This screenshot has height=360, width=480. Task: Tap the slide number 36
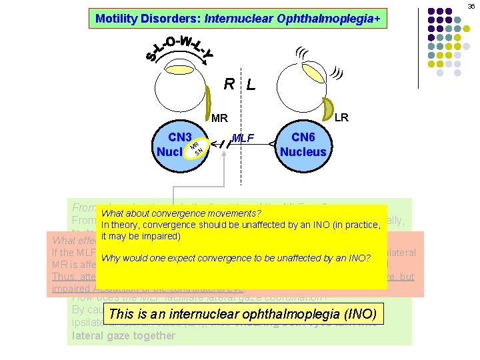pos(471,6)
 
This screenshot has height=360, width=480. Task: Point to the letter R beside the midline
pos(229,85)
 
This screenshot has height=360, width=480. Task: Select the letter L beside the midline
pos(250,85)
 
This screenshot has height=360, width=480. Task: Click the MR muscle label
pos(219,119)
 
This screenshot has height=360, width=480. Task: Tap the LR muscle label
pos(341,117)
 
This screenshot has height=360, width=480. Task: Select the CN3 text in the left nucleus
pos(179,137)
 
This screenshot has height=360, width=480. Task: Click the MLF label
pos(244,138)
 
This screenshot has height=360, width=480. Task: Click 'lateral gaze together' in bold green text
pos(123,336)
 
